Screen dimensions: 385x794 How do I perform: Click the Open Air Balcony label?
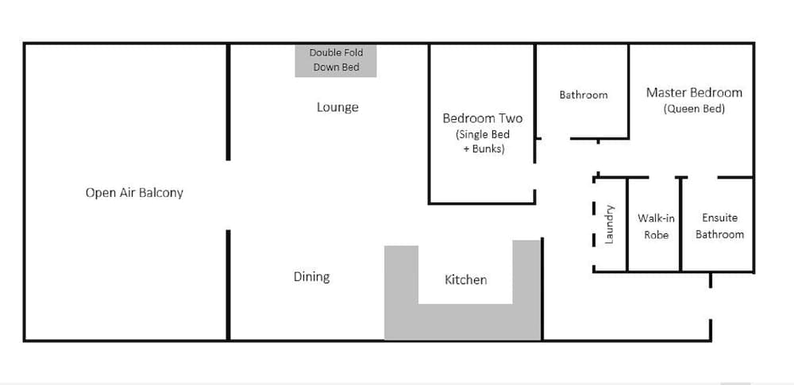pyautogui.click(x=134, y=193)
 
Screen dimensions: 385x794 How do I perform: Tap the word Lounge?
pyautogui.click(x=337, y=107)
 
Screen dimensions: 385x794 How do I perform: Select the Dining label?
pyautogui.click(x=311, y=277)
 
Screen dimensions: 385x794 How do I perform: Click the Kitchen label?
pyautogui.click(x=465, y=279)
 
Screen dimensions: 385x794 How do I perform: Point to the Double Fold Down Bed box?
pyautogui.click(x=336, y=60)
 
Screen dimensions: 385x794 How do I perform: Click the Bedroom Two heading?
pyautogui.click(x=482, y=118)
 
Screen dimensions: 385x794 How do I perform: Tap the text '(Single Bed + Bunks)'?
pyautogui.click(x=483, y=141)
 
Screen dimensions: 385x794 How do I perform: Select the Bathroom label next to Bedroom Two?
pyautogui.click(x=584, y=95)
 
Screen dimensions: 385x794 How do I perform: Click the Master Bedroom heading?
pyautogui.click(x=694, y=93)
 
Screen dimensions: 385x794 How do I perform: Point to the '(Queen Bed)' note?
pyautogui.click(x=694, y=109)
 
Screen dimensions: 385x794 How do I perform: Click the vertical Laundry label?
pyautogui.click(x=610, y=225)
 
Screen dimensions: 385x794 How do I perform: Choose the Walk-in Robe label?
pyautogui.click(x=653, y=226)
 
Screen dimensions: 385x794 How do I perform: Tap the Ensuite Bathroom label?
pyautogui.click(x=719, y=226)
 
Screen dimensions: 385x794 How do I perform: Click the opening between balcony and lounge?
pyautogui.click(x=229, y=195)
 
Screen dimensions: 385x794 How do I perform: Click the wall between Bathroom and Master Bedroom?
pyautogui.click(x=630, y=90)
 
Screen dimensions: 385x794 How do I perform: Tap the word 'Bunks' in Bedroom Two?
pyautogui.click(x=488, y=149)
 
